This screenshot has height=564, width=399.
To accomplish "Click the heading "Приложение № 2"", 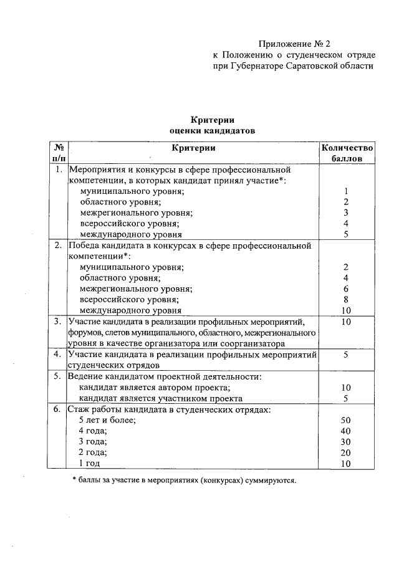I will coord(294,44).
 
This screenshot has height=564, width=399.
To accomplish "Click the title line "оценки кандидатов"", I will coord(212,131).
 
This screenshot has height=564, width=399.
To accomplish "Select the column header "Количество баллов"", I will coord(347,153).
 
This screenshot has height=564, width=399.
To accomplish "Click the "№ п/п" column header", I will coord(59,153).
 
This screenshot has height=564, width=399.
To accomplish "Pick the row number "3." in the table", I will coord(57,322).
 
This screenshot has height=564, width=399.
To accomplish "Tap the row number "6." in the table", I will coord(57,409).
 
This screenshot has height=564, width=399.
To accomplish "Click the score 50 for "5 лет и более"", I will coord(347,421).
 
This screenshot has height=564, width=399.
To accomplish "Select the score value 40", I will coord(347,431).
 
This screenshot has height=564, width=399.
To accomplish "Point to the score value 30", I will coord(347,442).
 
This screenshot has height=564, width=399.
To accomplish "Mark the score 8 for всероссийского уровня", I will coord(347,299).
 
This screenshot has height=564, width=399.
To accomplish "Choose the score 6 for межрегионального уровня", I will coord(347,289).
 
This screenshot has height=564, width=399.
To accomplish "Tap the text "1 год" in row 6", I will coord(89,464).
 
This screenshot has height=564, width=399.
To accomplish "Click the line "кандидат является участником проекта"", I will coord(160,398).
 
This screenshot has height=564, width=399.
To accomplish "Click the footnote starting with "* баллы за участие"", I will coord(185,480).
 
